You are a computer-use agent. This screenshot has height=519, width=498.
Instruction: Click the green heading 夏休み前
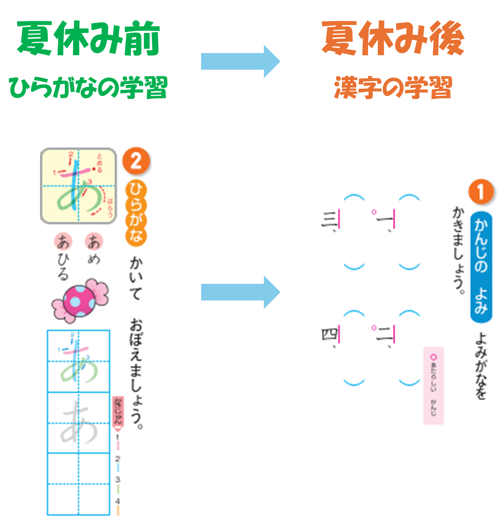[x=88, y=38]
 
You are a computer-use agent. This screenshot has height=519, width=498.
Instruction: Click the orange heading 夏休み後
[x=393, y=38]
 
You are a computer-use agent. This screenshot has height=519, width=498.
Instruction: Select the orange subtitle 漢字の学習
[x=393, y=87]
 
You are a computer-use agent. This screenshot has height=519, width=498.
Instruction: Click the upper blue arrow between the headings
[x=240, y=62]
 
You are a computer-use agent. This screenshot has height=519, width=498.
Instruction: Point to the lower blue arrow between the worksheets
[x=240, y=292]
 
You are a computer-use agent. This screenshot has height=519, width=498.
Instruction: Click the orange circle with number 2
[x=136, y=161]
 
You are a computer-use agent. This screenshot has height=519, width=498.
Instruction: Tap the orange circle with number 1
[x=480, y=192]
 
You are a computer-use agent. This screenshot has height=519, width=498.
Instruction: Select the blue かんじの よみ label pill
[x=481, y=267]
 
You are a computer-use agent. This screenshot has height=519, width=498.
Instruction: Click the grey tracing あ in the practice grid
[x=79, y=422]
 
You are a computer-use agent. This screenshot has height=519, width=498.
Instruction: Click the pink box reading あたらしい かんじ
[x=434, y=386]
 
